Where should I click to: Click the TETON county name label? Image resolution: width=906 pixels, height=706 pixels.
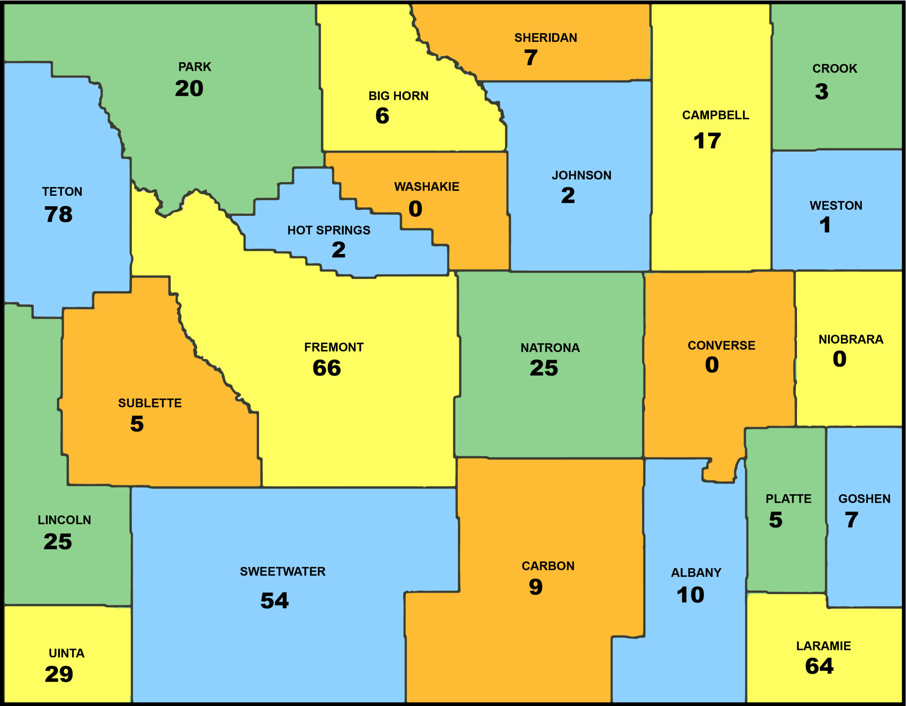tap(62, 192)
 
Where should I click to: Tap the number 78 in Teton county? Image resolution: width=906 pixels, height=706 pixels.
tap(58, 215)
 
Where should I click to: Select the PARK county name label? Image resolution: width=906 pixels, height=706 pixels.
tap(195, 67)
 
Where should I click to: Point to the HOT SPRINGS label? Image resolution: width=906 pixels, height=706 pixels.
tap(328, 230)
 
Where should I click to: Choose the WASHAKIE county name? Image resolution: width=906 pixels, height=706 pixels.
tap(426, 187)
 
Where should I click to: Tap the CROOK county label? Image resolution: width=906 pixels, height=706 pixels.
tap(834, 68)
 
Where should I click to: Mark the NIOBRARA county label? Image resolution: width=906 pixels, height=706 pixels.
tap(850, 340)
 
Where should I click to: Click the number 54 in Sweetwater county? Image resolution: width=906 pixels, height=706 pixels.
tap(274, 600)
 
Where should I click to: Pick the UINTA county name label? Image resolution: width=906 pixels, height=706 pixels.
tap(67, 653)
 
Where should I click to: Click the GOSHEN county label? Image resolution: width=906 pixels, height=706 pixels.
tap(864, 499)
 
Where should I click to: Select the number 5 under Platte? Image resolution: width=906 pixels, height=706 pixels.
tap(775, 520)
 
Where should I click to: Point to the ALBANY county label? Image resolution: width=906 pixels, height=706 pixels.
tap(696, 573)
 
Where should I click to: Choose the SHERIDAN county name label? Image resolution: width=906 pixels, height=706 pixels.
tap(545, 38)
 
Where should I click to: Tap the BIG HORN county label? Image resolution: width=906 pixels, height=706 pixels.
tap(398, 96)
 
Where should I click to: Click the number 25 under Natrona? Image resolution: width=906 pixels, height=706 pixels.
tap(544, 368)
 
